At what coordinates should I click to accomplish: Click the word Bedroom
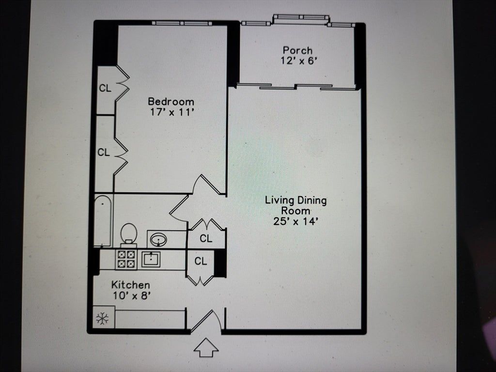coord(171,102)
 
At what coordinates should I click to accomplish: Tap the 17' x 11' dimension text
coord(171,112)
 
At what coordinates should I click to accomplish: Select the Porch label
coord(297,50)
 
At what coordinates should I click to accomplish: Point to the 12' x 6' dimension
coord(298,61)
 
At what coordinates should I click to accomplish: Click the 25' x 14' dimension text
coord(295,221)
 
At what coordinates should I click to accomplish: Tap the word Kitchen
coord(131,285)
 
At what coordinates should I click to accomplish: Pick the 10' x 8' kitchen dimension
coord(131,296)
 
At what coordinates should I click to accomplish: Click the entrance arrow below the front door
coord(206,347)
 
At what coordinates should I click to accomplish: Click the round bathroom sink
coord(158,239)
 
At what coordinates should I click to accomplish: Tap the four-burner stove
coord(126,260)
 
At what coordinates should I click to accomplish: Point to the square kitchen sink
coord(151,260)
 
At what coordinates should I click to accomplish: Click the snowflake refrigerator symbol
coord(102,318)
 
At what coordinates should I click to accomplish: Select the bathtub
coord(103,220)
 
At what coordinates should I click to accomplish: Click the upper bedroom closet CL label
coord(105,88)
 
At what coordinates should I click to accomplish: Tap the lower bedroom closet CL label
coord(104,153)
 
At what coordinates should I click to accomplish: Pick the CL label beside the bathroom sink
coord(206,238)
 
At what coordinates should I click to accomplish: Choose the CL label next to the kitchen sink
coord(201,261)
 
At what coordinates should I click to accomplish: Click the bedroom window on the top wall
coord(182,23)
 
